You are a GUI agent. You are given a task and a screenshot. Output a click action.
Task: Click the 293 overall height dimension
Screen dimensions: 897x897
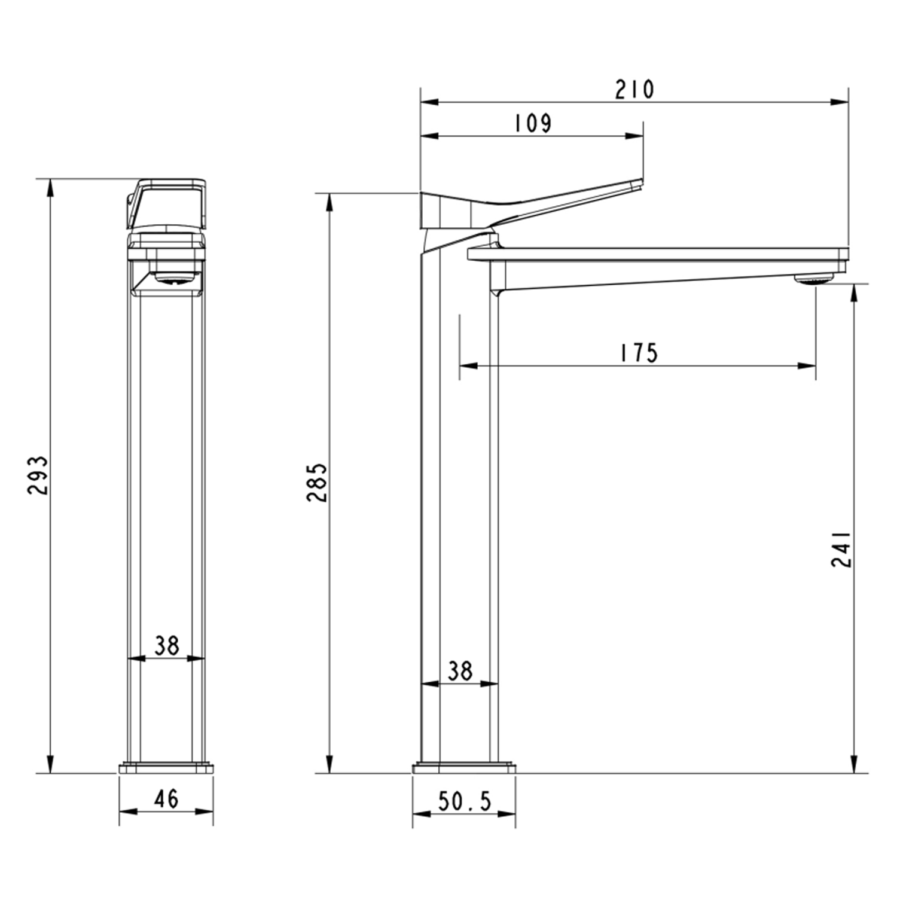pyautogui.click(x=38, y=475)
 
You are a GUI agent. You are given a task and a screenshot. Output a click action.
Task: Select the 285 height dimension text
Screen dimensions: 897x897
pyautogui.click(x=318, y=482)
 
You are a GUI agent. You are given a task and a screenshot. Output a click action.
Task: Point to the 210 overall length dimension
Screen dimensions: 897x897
pyautogui.click(x=634, y=90)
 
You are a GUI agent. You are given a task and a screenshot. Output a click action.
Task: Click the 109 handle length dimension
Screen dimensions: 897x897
pyautogui.click(x=533, y=123)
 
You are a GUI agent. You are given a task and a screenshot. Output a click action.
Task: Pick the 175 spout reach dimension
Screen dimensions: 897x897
pyautogui.click(x=638, y=353)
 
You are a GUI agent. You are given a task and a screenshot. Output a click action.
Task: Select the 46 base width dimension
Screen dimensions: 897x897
pyautogui.click(x=166, y=798)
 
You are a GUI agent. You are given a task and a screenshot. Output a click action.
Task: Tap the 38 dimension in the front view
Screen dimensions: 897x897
pyautogui.click(x=167, y=645)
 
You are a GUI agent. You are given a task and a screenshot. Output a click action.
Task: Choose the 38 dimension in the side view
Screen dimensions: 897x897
pyautogui.click(x=460, y=671)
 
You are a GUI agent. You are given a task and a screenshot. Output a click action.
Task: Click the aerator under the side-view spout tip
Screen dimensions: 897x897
pyautogui.click(x=814, y=278)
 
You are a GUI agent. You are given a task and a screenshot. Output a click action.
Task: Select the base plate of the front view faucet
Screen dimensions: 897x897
pyautogui.click(x=166, y=767)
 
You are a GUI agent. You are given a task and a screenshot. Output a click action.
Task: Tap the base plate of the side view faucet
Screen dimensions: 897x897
pyautogui.click(x=463, y=767)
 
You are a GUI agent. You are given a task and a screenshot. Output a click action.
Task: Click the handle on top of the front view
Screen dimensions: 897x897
pyautogui.click(x=167, y=203)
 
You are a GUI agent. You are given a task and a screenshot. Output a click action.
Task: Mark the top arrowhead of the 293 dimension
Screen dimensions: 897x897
pyautogui.click(x=50, y=187)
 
